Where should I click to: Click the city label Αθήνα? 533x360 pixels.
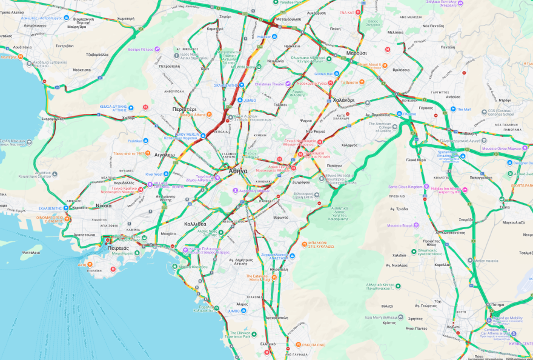pos(238,171)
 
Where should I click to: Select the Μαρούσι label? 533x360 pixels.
pos(357,53)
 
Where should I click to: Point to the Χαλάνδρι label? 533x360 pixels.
pos(343,100)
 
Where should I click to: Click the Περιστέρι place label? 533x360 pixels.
pos(184,109)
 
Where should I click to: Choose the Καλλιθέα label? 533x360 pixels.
pos(195,224)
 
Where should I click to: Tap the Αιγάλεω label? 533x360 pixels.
pos(164,155)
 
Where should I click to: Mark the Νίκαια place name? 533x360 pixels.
pos(104,205)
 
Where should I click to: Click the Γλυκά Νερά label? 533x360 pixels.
pos(416,160)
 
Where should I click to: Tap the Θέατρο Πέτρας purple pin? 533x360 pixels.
pos(157,49)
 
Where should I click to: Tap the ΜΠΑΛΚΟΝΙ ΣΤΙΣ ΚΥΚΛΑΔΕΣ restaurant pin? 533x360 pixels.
pos(304,244)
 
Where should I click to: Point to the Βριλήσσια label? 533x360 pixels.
pos(401,70)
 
